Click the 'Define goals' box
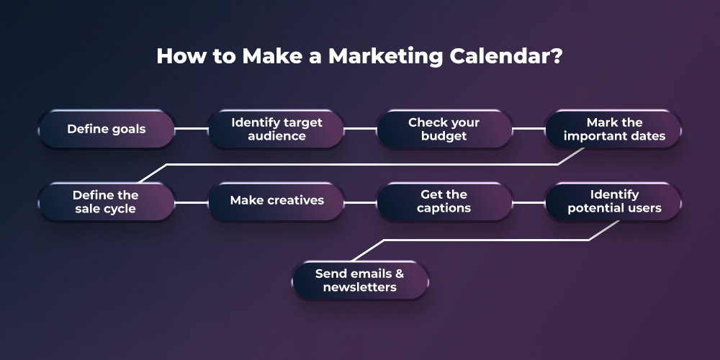pyautogui.click(x=107, y=129)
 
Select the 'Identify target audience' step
pyautogui.click(x=276, y=129)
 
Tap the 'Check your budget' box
pyautogui.click(x=444, y=129)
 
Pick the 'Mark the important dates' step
pyautogui.click(x=613, y=129)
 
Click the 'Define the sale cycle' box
pyautogui.click(x=106, y=202)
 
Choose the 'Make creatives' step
pyautogui.click(x=276, y=201)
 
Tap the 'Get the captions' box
pyautogui.click(x=444, y=202)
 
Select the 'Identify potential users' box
pyautogui.click(x=613, y=202)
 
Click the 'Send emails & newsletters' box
pyautogui.click(x=360, y=280)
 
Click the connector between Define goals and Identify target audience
pyautogui.click(x=192, y=129)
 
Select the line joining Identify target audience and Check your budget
pyautogui.click(x=360, y=129)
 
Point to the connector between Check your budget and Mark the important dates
pyautogui.click(x=529, y=129)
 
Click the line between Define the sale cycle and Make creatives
pyautogui.click(x=192, y=202)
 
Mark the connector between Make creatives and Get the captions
pyautogui.click(x=360, y=202)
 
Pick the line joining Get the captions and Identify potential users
pyautogui.click(x=529, y=202)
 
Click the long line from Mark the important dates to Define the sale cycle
pyautogui.click(x=360, y=165)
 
